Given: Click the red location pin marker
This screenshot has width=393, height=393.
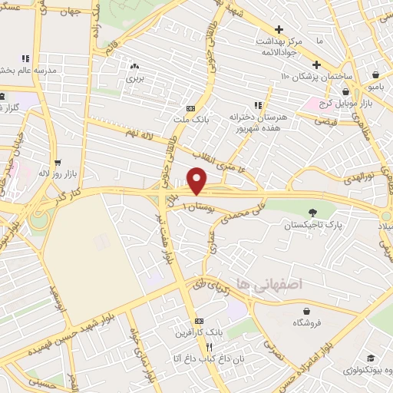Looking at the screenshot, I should coord(197,180).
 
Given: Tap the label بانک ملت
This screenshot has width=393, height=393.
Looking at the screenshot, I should coord(190,120).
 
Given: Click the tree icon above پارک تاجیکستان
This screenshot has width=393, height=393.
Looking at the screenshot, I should coord(312,213).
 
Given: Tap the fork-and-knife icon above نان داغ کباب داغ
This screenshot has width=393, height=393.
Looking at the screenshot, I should coord(199,347).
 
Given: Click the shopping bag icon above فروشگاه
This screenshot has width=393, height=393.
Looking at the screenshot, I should coord(307,311).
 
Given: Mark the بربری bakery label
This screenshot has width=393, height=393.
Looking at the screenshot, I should coord(135,78).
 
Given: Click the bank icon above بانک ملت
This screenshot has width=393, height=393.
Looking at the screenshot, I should coord(190,108).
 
